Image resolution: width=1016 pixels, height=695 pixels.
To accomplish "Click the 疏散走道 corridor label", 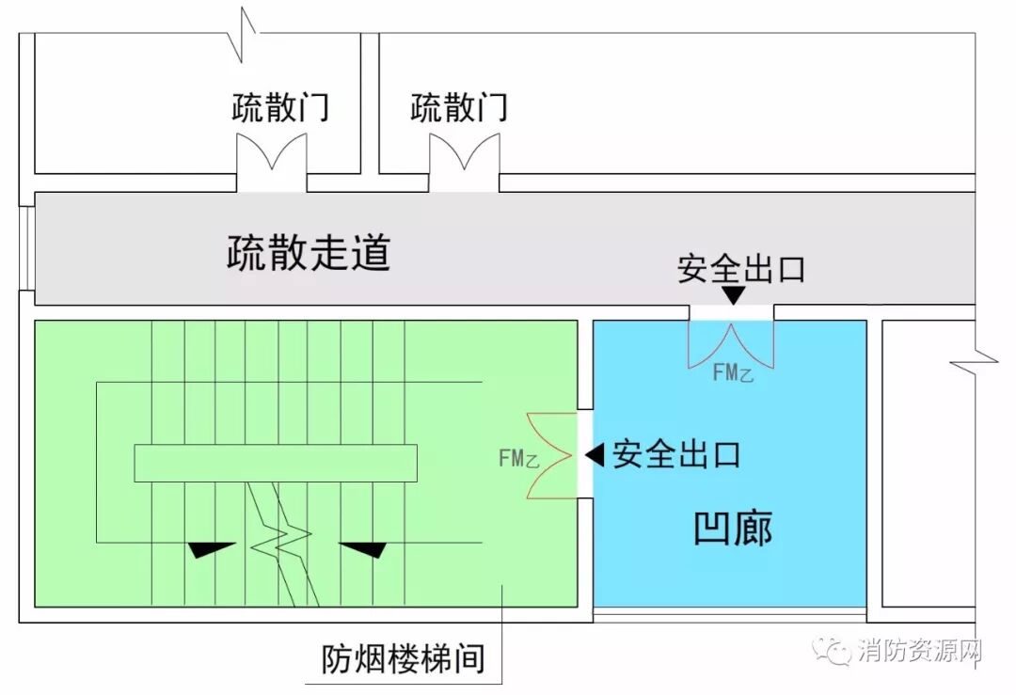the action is (309, 253).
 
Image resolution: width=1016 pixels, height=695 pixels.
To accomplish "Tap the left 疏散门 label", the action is (280, 107).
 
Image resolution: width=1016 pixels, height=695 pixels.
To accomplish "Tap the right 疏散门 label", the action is (458, 107).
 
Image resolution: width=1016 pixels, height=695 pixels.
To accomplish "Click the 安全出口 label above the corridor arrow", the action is (741, 270).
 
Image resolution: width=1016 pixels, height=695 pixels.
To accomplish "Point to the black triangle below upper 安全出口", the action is (734, 295).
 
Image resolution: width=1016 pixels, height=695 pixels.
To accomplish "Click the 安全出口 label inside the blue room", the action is (676, 455).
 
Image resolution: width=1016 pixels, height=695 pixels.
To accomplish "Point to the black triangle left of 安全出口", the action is (595, 455).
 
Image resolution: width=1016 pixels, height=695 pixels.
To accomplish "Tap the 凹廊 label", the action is (732, 529).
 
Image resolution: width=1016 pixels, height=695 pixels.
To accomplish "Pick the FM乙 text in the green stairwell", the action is (518, 459).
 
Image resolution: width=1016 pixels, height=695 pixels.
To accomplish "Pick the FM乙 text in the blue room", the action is (733, 373).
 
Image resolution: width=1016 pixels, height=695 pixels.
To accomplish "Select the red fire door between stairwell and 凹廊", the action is (549, 456).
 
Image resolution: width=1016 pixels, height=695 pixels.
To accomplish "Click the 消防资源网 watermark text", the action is (920, 652).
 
